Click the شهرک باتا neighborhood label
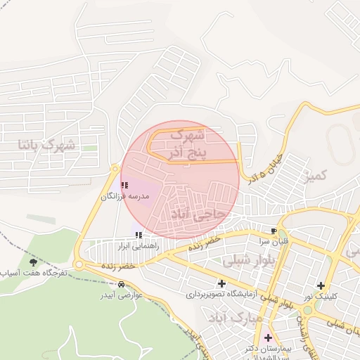[49, 146]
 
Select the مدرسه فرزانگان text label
[126, 197]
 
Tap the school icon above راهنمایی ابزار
[139, 235]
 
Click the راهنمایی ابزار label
[139, 246]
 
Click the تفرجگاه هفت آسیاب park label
[34, 273]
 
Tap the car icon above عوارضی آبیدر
[123, 285]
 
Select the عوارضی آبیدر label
[120, 296]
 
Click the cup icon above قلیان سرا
[274, 231]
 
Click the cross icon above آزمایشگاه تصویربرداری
[222, 283]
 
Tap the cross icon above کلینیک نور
[321, 285]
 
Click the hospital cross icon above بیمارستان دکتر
[268, 337]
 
